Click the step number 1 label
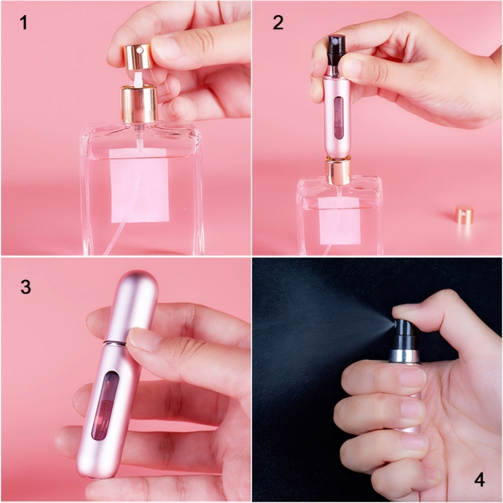click(23, 23)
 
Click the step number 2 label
click(278, 23)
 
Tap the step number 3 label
click(26, 287)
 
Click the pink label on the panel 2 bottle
click(340, 220)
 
